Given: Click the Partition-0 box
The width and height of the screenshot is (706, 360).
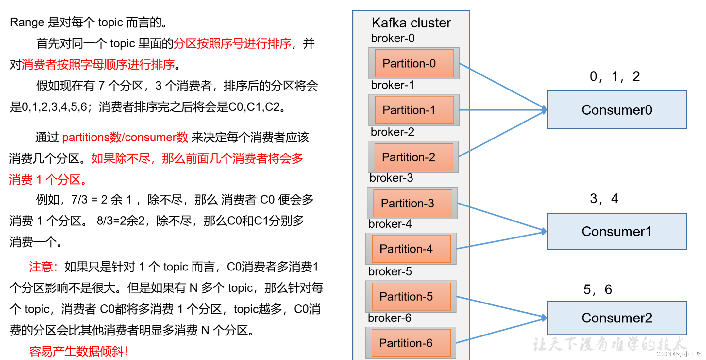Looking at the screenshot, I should pos(414,63).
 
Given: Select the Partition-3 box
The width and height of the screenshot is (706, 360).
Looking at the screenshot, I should pos(412,203).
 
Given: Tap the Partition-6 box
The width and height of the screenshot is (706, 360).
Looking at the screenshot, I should pos(411,343).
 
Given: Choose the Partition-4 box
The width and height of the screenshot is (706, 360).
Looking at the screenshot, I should pos(411,249).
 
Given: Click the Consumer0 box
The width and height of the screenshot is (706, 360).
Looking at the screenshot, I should pos(617,110).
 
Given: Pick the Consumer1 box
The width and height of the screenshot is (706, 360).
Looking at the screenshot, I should pos(617,232).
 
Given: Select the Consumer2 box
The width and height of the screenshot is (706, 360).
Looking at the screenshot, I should pos(617,318).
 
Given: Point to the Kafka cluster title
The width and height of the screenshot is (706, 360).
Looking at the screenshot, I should pos(411,23).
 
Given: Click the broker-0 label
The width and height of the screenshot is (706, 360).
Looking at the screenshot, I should pos(393,38).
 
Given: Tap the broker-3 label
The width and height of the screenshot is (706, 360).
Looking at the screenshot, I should pos(391,178).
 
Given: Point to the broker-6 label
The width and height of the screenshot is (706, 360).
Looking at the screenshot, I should pos(390,318).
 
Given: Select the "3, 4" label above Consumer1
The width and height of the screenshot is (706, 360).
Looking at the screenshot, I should pos(604,199).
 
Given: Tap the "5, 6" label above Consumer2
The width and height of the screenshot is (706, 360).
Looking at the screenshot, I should pos(597,289).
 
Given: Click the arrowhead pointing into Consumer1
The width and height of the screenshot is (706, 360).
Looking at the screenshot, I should pos(544,231).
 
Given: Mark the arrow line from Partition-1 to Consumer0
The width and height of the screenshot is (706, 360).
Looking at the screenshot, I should pos(500,110).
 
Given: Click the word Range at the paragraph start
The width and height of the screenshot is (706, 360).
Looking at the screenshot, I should pos(27,22).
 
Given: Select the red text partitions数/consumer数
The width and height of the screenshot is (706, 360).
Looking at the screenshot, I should pos(125,138).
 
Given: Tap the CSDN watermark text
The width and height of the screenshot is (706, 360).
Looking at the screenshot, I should pos(678,354).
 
